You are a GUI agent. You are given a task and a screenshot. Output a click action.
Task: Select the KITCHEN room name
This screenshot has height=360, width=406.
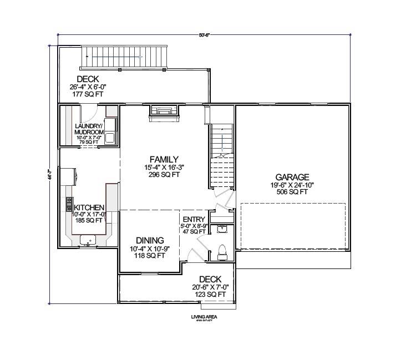click(x=89, y=207)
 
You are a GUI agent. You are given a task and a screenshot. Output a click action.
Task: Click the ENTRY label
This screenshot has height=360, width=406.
click(x=194, y=219)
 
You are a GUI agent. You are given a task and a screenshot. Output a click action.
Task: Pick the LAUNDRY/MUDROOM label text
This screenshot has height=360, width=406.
click(x=89, y=129)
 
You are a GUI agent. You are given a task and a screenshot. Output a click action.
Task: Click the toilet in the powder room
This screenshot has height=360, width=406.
click(x=222, y=252)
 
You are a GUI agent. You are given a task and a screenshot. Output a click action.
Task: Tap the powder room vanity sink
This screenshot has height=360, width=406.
click(x=222, y=229)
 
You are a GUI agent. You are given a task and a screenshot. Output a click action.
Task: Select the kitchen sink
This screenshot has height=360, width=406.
click(x=88, y=240)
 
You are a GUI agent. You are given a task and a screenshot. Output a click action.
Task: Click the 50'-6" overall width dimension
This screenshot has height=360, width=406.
click(x=205, y=35)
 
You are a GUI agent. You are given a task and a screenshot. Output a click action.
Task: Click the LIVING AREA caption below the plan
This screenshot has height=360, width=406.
click(x=204, y=317)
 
